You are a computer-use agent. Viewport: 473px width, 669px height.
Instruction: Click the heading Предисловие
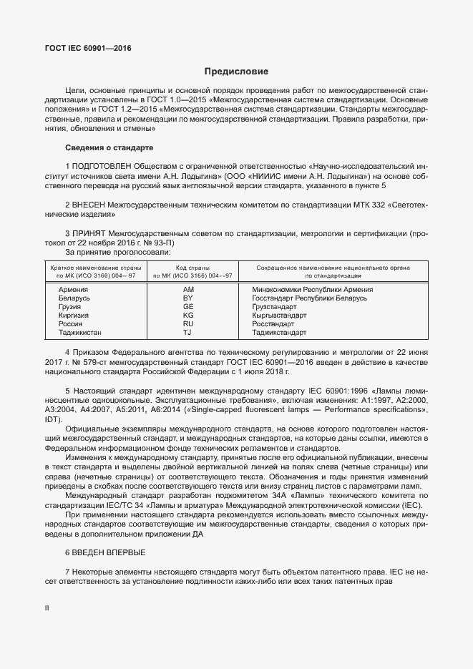[236, 72]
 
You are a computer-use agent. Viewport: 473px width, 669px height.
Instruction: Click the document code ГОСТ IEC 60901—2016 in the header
[84, 49]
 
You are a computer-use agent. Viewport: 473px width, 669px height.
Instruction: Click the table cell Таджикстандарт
[279, 332]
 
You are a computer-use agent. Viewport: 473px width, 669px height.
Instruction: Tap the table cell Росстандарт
[274, 323]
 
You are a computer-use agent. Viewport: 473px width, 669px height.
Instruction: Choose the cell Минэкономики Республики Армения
[312, 289]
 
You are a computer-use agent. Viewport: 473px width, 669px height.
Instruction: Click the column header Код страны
[188, 267]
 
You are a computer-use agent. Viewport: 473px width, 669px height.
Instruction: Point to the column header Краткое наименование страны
[90, 267]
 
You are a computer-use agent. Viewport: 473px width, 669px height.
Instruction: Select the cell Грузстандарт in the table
[275, 306]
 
